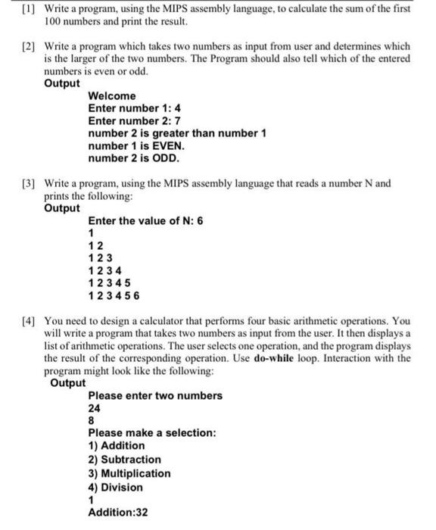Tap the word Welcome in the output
tap(112, 95)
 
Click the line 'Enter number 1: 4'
tap(134, 108)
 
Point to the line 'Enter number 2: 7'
tap(134, 120)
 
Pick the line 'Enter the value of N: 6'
tap(145, 220)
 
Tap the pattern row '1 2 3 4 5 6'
tap(114, 295)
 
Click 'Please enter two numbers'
tap(155, 395)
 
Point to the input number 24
tap(95, 407)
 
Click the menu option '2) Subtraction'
tap(125, 459)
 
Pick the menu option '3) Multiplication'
tap(129, 473)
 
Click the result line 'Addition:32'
tap(118, 513)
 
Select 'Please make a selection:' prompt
tap(152, 432)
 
